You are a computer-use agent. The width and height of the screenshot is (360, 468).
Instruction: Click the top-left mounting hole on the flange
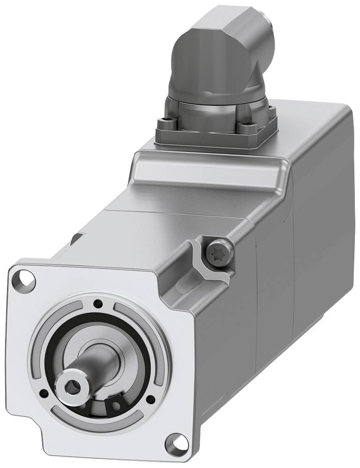(26, 280)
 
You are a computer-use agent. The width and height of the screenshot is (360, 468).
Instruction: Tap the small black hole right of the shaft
(151, 399)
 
